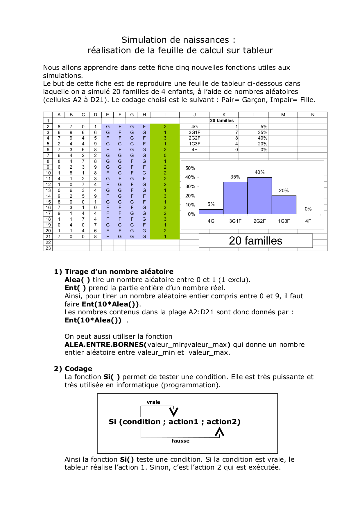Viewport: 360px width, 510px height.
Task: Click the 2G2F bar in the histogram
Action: coord(259,196)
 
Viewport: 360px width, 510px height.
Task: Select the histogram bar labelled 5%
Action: coord(211,212)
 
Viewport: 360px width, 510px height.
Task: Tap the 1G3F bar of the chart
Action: coord(284,205)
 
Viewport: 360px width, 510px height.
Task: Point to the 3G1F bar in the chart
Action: coord(235,198)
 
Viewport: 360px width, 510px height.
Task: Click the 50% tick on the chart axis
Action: coord(190,168)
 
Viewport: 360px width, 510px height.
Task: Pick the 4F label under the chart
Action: coord(308,221)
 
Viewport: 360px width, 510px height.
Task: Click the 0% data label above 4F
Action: coord(308,209)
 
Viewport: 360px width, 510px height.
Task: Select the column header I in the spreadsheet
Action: coord(165,115)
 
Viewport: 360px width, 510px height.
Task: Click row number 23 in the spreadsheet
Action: coord(48,248)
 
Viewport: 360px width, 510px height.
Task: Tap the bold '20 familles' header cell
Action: coord(222,121)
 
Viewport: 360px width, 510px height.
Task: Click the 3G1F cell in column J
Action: coord(194,132)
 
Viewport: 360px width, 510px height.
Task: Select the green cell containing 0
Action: coord(165,156)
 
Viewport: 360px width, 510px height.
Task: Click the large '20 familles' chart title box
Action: coord(255,241)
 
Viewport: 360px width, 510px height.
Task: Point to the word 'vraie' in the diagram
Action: coord(153,402)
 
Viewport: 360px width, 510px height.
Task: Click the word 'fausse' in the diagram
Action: coord(180,441)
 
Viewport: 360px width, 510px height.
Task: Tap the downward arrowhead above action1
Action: coord(173,412)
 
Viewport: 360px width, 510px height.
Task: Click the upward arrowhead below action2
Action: coord(219,432)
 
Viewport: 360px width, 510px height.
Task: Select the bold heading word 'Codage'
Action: coord(78,369)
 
